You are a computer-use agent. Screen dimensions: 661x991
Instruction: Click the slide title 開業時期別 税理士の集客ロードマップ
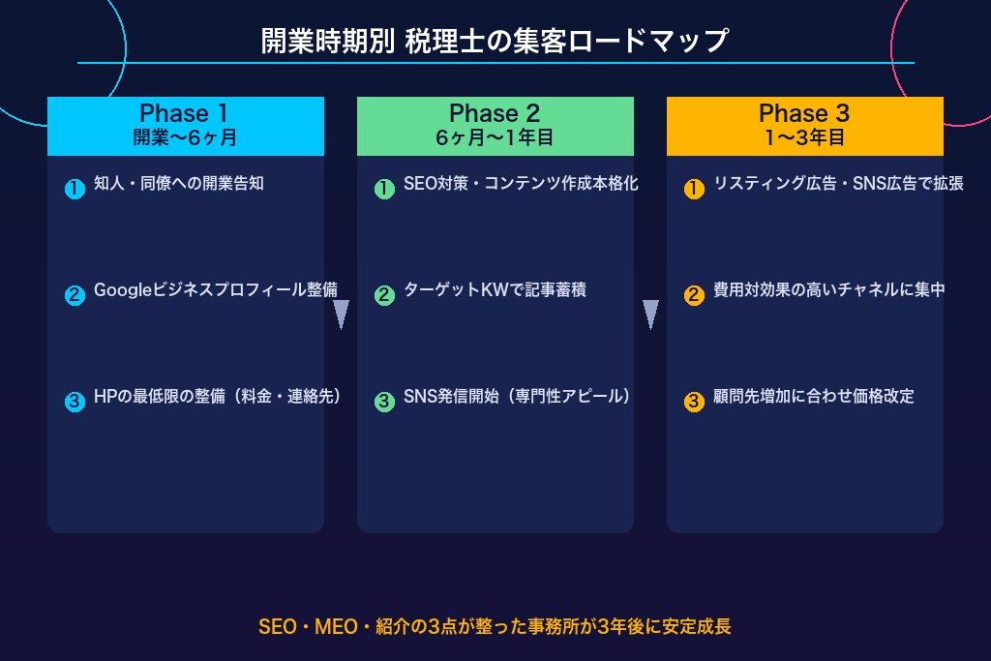coord(495,42)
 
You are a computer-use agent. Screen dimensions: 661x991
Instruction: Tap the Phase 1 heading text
coord(184,113)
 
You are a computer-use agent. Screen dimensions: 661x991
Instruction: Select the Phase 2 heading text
coord(495,113)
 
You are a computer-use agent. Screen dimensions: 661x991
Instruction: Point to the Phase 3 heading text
coord(804,113)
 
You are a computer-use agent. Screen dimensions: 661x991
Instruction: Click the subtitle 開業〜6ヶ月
coord(185,137)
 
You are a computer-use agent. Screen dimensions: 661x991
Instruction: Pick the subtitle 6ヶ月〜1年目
coord(495,137)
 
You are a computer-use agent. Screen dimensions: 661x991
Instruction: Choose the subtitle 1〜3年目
coord(804,137)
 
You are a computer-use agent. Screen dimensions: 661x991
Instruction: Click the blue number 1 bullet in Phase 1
coord(75,190)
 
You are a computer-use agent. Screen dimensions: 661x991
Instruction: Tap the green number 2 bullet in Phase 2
coord(384,295)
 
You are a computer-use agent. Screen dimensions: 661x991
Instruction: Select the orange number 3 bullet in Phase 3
coord(694,402)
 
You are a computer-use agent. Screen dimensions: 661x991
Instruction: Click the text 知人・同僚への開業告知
coord(179,184)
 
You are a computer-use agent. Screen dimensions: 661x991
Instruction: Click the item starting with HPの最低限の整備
coord(218,397)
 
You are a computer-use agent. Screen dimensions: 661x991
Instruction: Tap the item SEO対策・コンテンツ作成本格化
coord(521,184)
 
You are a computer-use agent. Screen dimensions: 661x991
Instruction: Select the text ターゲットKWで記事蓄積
coord(495,290)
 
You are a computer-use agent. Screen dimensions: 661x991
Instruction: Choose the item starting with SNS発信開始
coord(518,397)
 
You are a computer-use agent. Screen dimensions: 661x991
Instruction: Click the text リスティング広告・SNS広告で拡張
coord(838,184)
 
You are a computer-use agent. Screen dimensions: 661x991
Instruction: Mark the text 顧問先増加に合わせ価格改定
coord(814,397)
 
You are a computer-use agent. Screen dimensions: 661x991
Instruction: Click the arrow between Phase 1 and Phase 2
coord(341,315)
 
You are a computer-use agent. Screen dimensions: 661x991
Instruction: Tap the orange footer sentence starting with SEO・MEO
coord(495,626)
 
